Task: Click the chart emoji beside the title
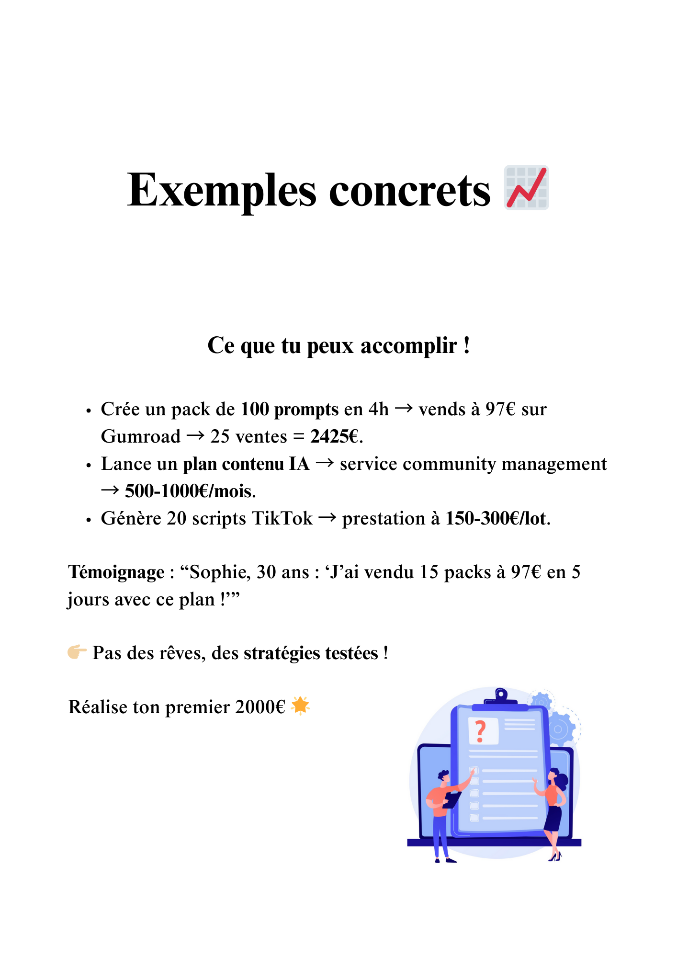pos(526,188)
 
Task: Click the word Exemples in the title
pos(221,190)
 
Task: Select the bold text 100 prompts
pos(289,410)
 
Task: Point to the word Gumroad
pos(141,437)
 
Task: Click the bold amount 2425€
pos(335,437)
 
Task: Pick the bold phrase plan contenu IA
pos(246,464)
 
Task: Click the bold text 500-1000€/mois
pos(190,491)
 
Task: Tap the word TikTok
pos(282,519)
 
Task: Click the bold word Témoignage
pos(116,572)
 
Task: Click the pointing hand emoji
pos(77,652)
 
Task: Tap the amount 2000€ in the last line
pos(260,707)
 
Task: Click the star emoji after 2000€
pos(301,706)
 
